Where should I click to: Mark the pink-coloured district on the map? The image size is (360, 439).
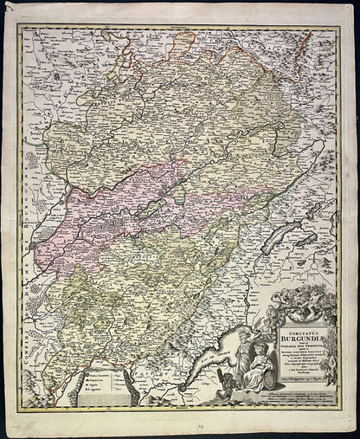coord(95,216)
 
